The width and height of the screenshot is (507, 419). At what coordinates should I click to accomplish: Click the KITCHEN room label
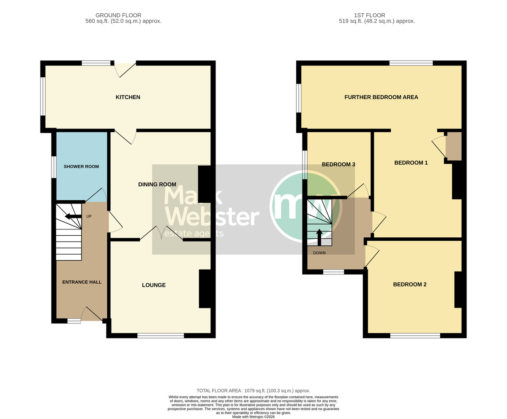pos(128,97)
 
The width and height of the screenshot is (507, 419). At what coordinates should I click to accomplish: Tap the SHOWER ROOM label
pos(81,166)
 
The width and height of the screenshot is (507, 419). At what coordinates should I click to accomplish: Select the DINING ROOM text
pos(157,185)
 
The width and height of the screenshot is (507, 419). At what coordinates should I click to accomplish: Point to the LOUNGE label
pos(154,285)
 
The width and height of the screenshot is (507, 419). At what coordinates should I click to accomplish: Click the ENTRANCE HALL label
pos(82,282)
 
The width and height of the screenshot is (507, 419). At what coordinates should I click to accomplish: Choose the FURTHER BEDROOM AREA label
pos(381,97)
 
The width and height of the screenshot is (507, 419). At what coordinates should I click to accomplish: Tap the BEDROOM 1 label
pos(411,163)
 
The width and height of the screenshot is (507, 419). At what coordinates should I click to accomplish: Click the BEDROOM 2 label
pos(410,284)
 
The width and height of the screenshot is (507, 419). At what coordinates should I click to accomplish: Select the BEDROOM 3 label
pos(338,164)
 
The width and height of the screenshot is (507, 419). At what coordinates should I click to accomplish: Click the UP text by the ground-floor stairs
pos(89,216)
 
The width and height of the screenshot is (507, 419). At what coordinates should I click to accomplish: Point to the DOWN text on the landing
pos(319,253)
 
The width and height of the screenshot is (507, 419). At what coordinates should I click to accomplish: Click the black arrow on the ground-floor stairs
pos(73,216)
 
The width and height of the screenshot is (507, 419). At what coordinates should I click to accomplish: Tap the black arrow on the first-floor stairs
pos(319,237)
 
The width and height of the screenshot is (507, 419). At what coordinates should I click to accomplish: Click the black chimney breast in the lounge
pos(204,289)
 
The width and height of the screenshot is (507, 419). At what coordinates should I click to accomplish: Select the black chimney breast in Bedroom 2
pos(458,290)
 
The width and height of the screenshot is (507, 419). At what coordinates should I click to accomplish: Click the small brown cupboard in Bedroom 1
pos(453,146)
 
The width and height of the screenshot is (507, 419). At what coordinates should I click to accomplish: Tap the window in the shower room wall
pos(54,167)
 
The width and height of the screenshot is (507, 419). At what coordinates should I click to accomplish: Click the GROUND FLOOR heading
pos(118,15)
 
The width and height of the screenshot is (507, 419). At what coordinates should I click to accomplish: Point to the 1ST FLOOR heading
pos(369,15)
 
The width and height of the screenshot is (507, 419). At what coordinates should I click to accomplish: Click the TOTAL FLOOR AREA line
pos(253,391)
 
